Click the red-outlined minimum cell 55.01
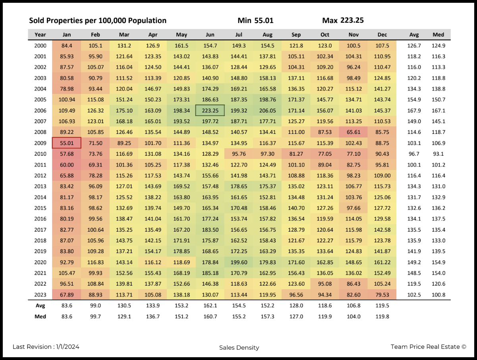(x=67, y=143)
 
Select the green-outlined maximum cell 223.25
(x=210, y=110)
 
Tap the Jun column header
(x=210, y=35)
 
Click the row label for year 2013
(x=40, y=186)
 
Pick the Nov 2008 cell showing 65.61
(x=354, y=132)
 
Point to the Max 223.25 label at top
(x=343, y=21)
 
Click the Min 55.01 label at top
(x=255, y=21)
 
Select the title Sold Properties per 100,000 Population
(x=98, y=21)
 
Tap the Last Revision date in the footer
(x=46, y=347)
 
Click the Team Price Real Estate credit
(x=428, y=347)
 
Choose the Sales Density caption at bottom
(x=239, y=348)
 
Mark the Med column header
(x=438, y=35)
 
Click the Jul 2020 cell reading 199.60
(x=239, y=262)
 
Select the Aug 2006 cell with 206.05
(x=267, y=110)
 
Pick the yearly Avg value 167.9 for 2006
(x=414, y=110)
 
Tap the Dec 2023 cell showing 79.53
(x=382, y=295)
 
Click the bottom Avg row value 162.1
(x=210, y=306)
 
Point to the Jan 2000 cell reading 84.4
(x=67, y=46)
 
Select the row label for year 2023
(x=40, y=295)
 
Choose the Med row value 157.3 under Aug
(x=267, y=316)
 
